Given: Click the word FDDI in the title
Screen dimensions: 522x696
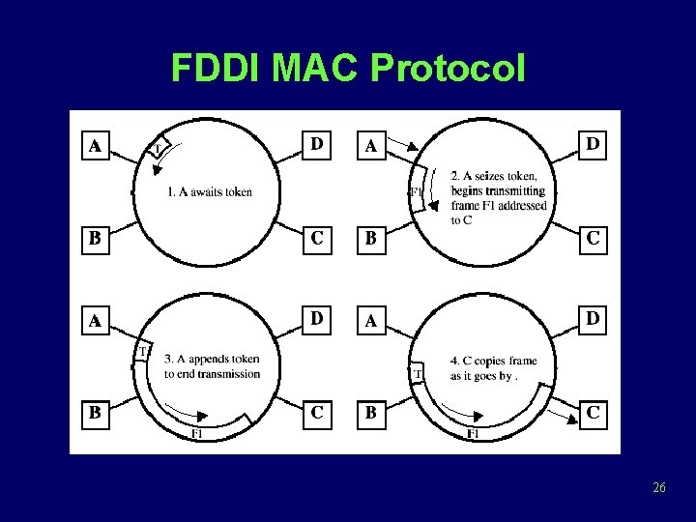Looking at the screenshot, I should pyautogui.click(x=217, y=69).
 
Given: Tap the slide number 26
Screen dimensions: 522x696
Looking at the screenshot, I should pyautogui.click(x=659, y=487).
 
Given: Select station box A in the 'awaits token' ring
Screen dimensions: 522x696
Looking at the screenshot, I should pyautogui.click(x=95, y=146).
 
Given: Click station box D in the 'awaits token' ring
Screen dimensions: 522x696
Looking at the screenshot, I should pyautogui.click(x=317, y=144).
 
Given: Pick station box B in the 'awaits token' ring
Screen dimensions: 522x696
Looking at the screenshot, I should pyautogui.click(x=95, y=240).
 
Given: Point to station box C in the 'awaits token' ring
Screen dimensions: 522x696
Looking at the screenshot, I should pyautogui.click(x=317, y=240).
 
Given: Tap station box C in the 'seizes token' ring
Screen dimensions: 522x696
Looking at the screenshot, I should pyautogui.click(x=594, y=240).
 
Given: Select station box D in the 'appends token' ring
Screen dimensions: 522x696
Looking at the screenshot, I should pyautogui.click(x=317, y=318).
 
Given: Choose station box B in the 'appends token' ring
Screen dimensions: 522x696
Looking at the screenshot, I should pyautogui.click(x=95, y=414).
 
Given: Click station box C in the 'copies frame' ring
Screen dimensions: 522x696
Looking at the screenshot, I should pyautogui.click(x=594, y=414).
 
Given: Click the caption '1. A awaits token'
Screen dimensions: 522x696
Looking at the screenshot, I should pyautogui.click(x=209, y=191).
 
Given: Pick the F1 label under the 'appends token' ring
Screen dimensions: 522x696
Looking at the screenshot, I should pyautogui.click(x=196, y=434).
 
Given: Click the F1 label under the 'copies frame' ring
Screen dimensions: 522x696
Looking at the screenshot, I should pyautogui.click(x=473, y=434).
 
